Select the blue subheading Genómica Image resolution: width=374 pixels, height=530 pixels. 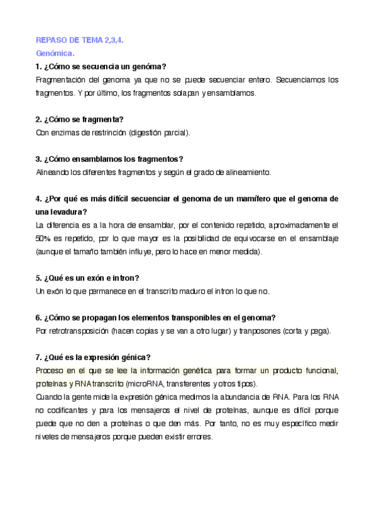point(55,53)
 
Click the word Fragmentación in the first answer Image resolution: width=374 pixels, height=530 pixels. point(62,80)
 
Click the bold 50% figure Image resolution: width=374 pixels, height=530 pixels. point(42,238)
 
